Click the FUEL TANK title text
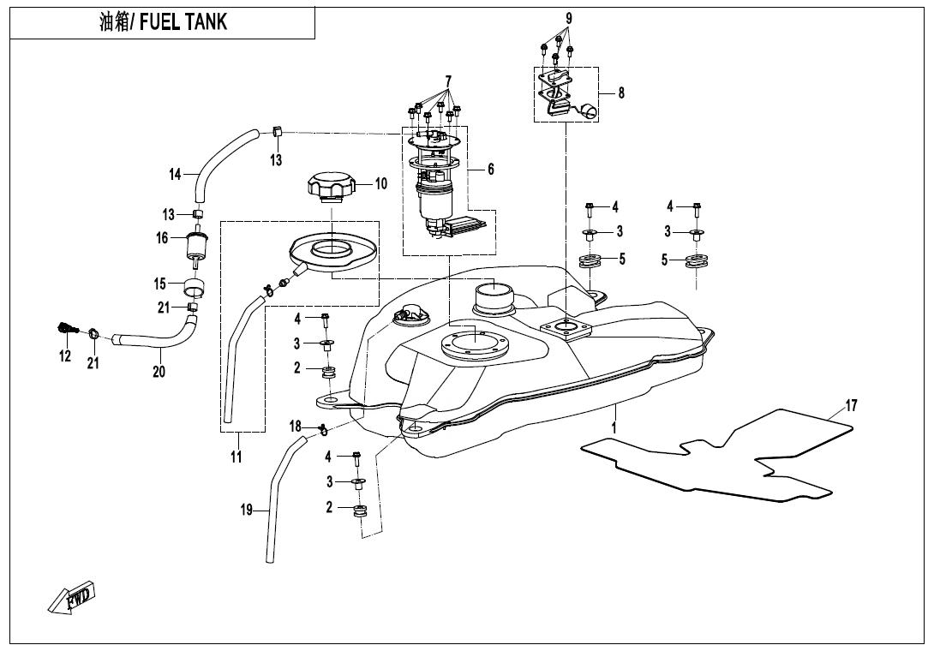(163, 22)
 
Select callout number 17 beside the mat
(851, 406)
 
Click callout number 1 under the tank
(614, 425)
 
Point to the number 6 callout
(490, 170)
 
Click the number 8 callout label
(621, 93)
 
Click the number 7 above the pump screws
(447, 81)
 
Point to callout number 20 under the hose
(159, 372)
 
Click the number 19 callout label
(247, 511)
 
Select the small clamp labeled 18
(322, 429)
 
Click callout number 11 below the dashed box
(236, 457)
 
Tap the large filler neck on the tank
(493, 300)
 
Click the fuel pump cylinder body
(434, 204)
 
